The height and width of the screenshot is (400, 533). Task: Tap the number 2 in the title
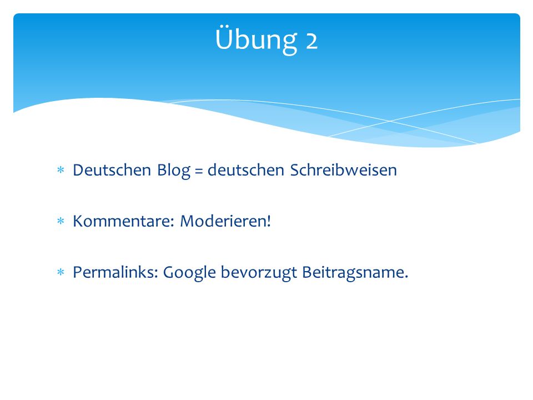pos(311,41)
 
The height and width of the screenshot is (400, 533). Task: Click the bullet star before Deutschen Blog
pos(61,169)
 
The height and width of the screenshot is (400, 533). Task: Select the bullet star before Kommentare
pos(61,221)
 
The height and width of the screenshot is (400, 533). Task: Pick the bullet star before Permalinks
pos(61,272)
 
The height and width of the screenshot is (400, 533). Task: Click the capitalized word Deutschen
pos(112,170)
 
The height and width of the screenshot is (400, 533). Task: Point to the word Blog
pos(173,171)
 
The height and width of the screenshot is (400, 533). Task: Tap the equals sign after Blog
pos(199,171)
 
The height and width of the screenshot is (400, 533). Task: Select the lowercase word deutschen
pos(246,170)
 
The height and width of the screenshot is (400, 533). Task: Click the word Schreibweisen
pos(343,170)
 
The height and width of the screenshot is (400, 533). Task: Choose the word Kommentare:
pos(124,221)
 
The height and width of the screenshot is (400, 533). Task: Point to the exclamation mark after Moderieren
pos(269,221)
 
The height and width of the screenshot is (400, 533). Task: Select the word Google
pos(189,273)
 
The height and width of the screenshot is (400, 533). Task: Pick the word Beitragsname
pos(353,273)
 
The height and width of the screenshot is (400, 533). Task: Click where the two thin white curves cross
pos(390,121)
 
